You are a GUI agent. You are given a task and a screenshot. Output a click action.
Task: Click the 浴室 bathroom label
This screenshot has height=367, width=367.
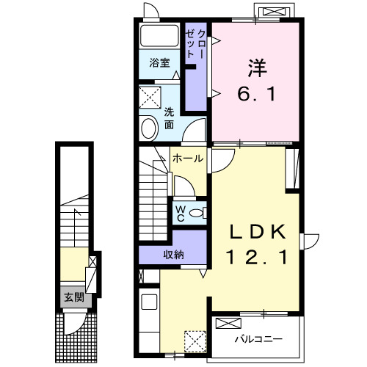coord(159,63)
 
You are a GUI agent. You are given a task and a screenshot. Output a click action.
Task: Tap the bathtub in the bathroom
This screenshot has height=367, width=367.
coord(159,36)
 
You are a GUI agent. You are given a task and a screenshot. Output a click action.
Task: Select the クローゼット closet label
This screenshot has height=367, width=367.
coord(195,43)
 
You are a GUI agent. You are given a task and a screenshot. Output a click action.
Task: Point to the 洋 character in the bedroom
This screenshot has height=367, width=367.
coord(258,68)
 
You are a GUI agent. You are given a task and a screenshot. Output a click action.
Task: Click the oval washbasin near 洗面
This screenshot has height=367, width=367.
coord(150,128)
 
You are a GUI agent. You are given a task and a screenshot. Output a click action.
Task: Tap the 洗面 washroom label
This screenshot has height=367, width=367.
coord(169,118)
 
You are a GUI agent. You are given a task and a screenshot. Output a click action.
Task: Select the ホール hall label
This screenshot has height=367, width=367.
coord(188,159)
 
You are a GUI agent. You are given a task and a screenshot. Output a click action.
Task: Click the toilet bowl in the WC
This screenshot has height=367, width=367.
coord(197,213)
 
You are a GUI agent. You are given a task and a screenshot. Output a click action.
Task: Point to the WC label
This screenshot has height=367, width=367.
coord(181,214)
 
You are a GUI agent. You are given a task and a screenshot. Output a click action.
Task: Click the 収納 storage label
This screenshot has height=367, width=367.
coord(173,255)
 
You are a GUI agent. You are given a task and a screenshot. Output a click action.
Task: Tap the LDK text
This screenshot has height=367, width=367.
coord(258,232)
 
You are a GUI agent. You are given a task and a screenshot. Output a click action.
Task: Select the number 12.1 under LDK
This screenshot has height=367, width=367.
coord(257,257)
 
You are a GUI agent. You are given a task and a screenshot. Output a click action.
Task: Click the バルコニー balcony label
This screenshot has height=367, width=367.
coord(259,339)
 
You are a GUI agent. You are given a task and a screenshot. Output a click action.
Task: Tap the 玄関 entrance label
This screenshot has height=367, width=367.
coord(74,297)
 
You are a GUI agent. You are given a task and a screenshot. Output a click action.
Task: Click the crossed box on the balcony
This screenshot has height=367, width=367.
coord(228,323)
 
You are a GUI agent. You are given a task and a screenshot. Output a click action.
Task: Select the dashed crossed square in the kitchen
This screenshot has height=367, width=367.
coord(195,341)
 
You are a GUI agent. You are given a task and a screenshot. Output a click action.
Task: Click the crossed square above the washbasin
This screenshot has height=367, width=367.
coord(150,97)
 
